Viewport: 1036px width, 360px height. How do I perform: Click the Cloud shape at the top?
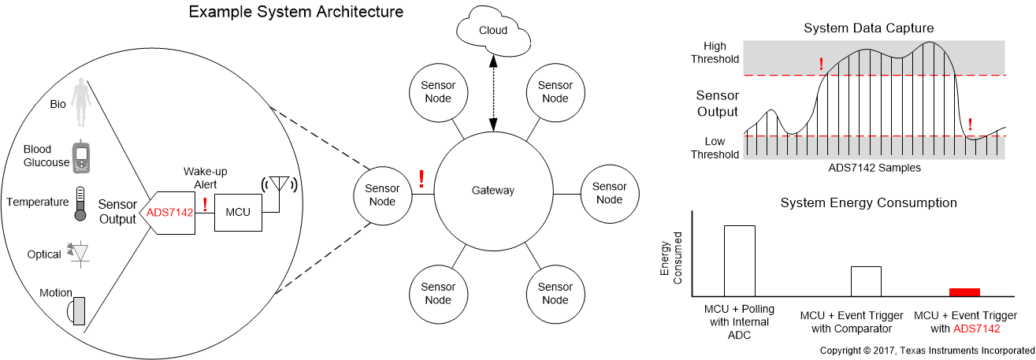tap(493, 29)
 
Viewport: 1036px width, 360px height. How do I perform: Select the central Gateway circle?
tap(492, 190)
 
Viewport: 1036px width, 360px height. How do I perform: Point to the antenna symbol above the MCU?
tap(278, 187)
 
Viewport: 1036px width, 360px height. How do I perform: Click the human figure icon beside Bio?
tap(80, 102)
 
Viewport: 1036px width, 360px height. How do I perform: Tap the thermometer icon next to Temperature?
tap(80, 202)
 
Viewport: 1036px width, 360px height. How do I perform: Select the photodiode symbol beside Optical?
tap(80, 252)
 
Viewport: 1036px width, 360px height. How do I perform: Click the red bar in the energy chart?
tap(964, 291)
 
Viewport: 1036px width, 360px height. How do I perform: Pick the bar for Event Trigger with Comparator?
tap(865, 280)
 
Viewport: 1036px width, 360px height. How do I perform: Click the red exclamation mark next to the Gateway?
tap(421, 180)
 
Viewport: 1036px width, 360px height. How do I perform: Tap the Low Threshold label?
tap(715, 147)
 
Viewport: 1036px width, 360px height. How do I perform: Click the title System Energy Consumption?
tap(868, 202)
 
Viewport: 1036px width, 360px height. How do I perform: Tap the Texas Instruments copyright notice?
tap(926, 350)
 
